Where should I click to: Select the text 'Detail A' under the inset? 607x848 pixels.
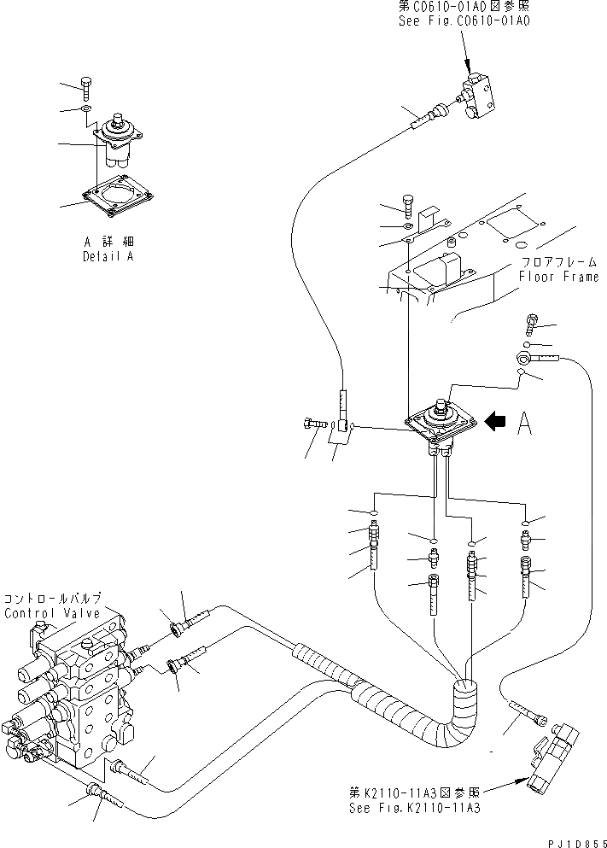108,256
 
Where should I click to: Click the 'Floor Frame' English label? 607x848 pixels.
558,277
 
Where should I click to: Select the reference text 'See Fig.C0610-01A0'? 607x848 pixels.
464,20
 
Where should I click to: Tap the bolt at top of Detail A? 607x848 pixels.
85,84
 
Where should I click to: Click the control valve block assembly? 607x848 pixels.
73,692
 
